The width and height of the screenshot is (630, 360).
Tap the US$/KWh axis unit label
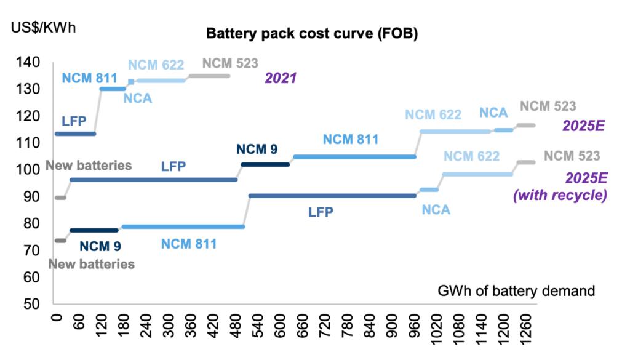[43, 28]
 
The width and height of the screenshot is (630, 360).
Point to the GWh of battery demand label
[516, 290]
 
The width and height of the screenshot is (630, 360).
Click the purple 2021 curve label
[281, 78]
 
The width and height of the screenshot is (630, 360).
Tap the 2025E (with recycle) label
[560, 186]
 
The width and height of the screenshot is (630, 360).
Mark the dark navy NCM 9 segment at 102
[265, 164]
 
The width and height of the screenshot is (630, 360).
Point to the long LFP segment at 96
[154, 180]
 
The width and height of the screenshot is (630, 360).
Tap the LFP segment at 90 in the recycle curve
[332, 196]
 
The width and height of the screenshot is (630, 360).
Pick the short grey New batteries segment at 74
[60, 241]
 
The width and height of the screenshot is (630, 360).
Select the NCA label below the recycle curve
[436, 210]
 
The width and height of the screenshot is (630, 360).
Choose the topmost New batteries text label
[89, 165]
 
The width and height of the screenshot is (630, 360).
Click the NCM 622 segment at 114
[455, 131]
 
